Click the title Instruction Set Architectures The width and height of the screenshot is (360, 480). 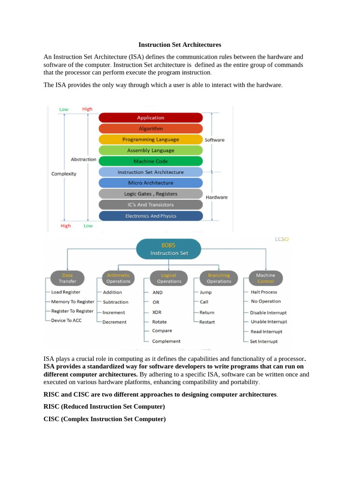point(180,45)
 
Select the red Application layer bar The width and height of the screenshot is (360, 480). point(150,118)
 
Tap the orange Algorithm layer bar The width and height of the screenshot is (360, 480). point(150,128)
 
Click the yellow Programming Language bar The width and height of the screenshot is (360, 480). point(150,139)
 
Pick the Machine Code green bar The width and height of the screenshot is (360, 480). point(150,161)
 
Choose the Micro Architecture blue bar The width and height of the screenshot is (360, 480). point(150,183)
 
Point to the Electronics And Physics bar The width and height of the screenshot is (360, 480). point(150,216)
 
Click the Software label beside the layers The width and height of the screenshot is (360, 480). point(215,140)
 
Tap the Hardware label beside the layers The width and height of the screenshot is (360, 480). point(217,197)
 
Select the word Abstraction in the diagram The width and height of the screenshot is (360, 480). point(83,159)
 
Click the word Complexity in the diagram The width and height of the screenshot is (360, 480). point(64,173)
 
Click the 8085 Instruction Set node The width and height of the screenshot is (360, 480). point(168,249)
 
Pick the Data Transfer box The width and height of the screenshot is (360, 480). point(67,278)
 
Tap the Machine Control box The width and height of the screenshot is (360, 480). point(266,278)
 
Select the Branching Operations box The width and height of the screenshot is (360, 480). point(219,278)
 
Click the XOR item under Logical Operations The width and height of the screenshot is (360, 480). point(157,312)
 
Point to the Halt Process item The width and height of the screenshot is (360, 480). point(263,292)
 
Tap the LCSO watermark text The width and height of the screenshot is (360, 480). point(282,239)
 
